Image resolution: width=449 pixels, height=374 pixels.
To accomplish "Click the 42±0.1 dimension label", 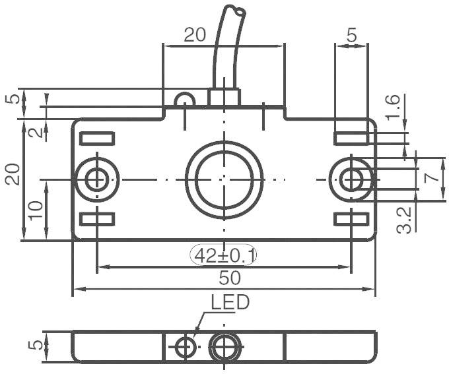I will tap(224, 255).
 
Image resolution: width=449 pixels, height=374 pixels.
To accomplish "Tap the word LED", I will tap(230, 303).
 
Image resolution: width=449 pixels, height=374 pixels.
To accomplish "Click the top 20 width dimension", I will tap(195, 36).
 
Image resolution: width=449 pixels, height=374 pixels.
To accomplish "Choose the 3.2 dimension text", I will tap(405, 219).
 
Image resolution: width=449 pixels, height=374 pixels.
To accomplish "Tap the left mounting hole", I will tap(98, 179).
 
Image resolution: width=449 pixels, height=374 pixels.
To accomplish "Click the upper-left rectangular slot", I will tap(97, 139).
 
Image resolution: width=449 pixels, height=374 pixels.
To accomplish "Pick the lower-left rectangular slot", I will tap(97, 219).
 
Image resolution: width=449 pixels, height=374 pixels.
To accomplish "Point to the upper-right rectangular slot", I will tap(351, 139).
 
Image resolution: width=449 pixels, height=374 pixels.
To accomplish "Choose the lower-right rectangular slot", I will tap(351, 219).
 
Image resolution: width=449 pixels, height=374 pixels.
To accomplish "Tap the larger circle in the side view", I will tap(224, 346).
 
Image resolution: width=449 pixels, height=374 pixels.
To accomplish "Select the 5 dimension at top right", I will tap(351, 36).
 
